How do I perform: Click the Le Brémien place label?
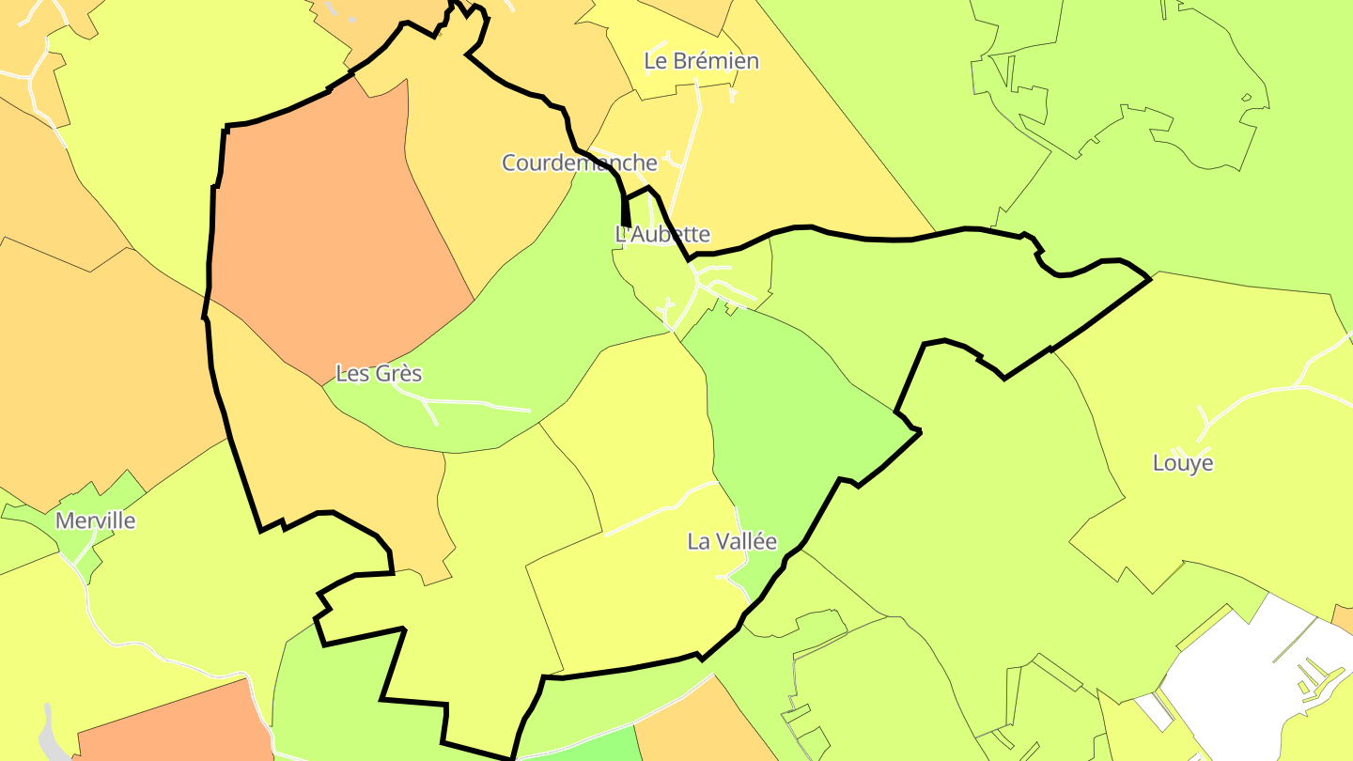(701, 61)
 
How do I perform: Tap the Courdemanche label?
(579, 163)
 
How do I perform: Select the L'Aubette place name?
(662, 234)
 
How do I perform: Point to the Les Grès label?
(379, 373)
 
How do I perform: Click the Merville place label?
(96, 520)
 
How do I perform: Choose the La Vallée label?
(732, 541)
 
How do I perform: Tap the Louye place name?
(1183, 463)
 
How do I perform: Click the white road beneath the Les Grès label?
(470, 403)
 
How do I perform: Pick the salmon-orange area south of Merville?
(169, 728)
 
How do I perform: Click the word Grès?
(398, 373)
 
